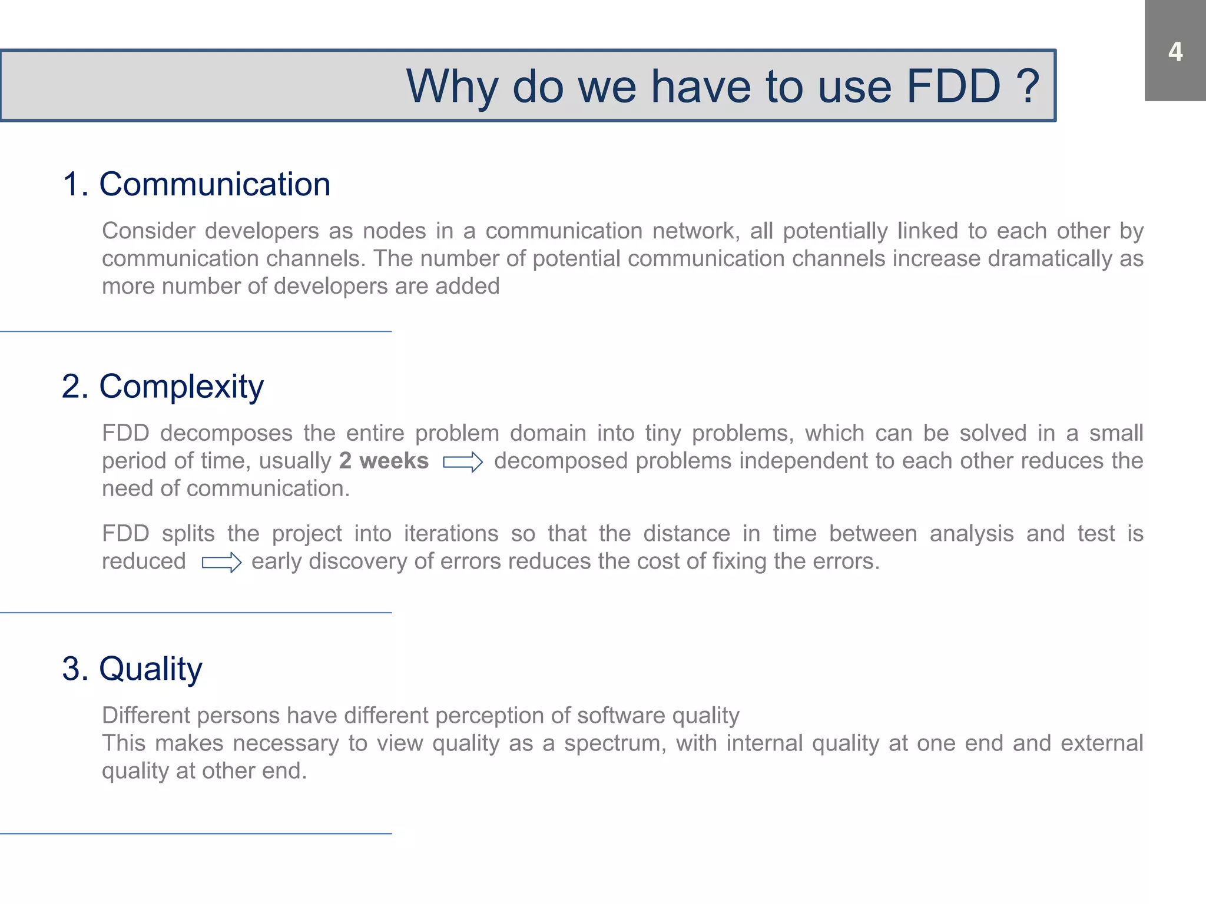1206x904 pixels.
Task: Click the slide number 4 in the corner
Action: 1175,52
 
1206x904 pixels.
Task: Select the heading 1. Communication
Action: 196,184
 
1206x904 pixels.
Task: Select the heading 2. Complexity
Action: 163,387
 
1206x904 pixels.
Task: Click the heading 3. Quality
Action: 132,669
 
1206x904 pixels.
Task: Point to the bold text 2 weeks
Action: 383,461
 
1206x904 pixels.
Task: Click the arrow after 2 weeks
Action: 463,462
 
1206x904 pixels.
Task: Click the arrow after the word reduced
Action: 221,563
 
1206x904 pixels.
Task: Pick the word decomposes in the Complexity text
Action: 226,433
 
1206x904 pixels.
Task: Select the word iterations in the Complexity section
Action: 451,534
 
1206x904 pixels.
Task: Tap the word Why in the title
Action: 453,87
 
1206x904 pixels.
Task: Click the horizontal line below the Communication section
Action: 196,331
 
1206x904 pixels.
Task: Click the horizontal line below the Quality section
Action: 196,833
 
